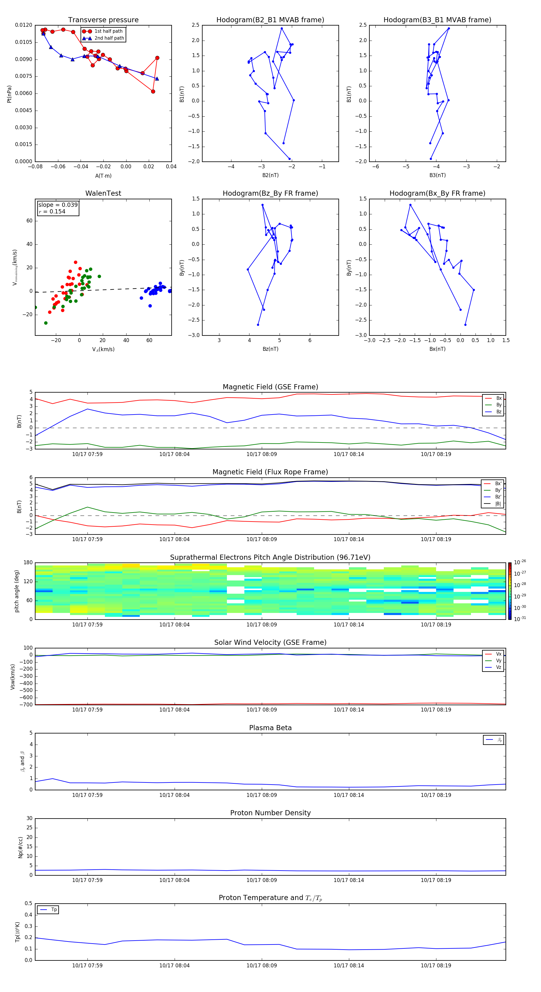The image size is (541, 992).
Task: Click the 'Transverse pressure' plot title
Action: (x=103, y=20)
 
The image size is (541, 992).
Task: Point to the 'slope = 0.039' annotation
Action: (x=58, y=205)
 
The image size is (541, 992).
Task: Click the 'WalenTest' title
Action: (x=103, y=193)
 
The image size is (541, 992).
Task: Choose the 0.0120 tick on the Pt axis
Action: (x=23, y=25)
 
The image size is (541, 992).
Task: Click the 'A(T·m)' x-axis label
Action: (x=103, y=176)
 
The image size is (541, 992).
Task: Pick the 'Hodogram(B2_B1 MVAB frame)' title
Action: (x=270, y=20)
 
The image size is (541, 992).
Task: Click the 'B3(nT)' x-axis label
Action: (x=437, y=175)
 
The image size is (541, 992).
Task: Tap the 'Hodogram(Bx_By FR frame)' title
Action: (x=437, y=193)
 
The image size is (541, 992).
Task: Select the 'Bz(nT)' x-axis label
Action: (x=270, y=349)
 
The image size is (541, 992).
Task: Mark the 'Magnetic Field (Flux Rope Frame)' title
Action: (x=270, y=472)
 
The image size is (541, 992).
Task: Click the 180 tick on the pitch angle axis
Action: (x=28, y=563)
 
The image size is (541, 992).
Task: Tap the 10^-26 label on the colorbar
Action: (x=520, y=562)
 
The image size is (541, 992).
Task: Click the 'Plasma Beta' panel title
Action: (x=270, y=728)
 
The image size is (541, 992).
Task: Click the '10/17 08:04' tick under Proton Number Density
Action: (x=174, y=880)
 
